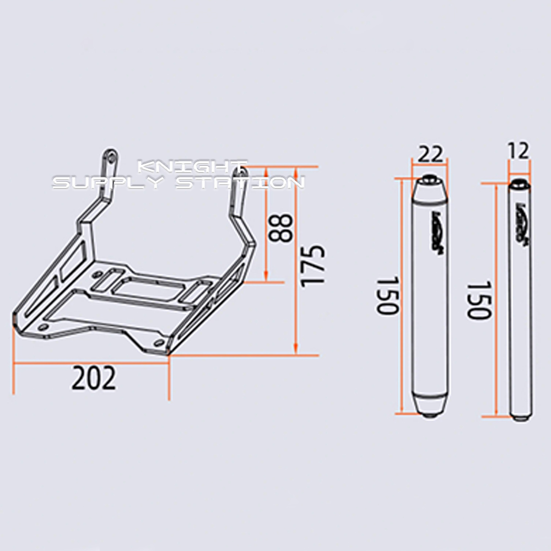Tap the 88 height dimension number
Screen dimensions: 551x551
coord(282,229)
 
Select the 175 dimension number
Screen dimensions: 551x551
coord(312,266)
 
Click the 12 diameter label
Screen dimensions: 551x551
coord(518,150)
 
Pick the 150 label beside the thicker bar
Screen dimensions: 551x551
coord(387,296)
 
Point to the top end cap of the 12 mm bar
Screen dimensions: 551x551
coord(519,183)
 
